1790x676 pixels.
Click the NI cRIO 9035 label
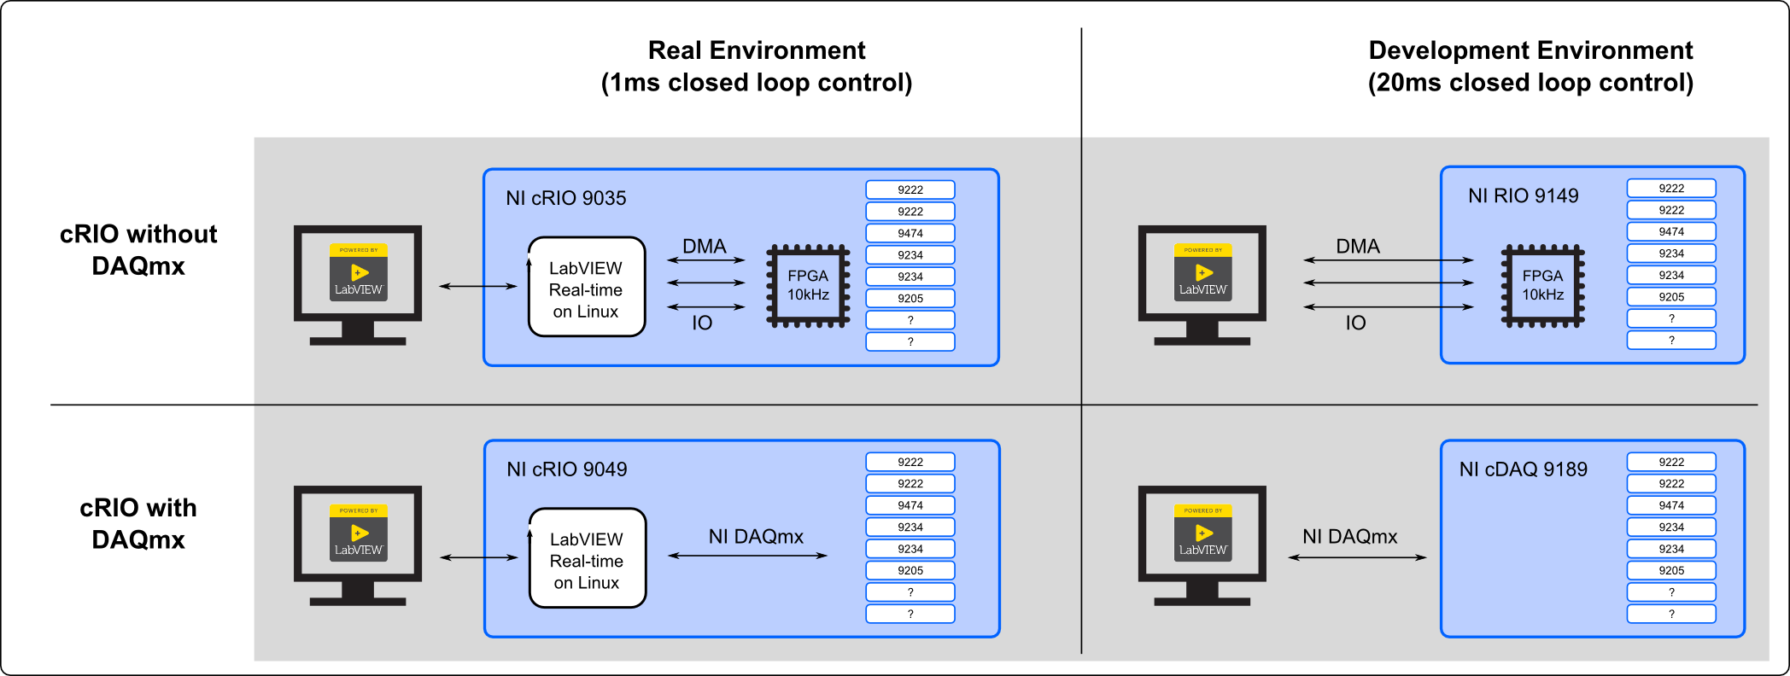(565, 198)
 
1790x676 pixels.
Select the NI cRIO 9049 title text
(566, 469)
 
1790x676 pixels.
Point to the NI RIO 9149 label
(1523, 195)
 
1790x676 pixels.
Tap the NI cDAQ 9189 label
(1523, 469)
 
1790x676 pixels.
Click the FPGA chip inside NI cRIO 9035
(808, 286)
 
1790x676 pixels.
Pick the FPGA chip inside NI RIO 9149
(1542, 286)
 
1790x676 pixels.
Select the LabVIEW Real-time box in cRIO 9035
(586, 288)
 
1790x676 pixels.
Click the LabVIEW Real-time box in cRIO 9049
(587, 559)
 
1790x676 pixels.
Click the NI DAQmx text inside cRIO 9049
(756, 537)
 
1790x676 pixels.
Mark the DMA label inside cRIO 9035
(705, 247)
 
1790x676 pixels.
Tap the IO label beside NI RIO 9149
(1355, 323)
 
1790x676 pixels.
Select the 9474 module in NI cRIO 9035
(910, 233)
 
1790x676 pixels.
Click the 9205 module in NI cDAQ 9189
(1671, 570)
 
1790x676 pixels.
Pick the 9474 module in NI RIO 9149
(1671, 231)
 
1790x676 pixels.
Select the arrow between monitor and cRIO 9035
(477, 286)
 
